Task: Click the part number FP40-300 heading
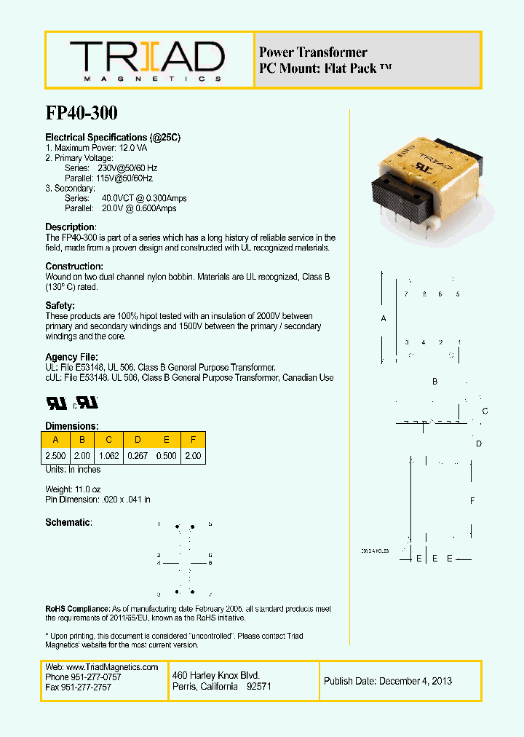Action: click(82, 114)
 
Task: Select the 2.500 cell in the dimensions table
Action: click(55, 456)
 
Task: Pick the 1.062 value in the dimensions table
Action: click(109, 456)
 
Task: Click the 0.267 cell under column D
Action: click(137, 456)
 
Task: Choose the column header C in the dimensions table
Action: click(109, 440)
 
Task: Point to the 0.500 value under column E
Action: click(167, 456)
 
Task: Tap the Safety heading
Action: click(60, 306)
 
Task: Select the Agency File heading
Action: click(72, 357)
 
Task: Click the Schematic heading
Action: click(68, 523)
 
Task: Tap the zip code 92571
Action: click(259, 687)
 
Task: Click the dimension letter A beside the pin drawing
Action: click(384, 319)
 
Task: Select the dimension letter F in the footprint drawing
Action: click(472, 501)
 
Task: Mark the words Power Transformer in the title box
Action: click(313, 52)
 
